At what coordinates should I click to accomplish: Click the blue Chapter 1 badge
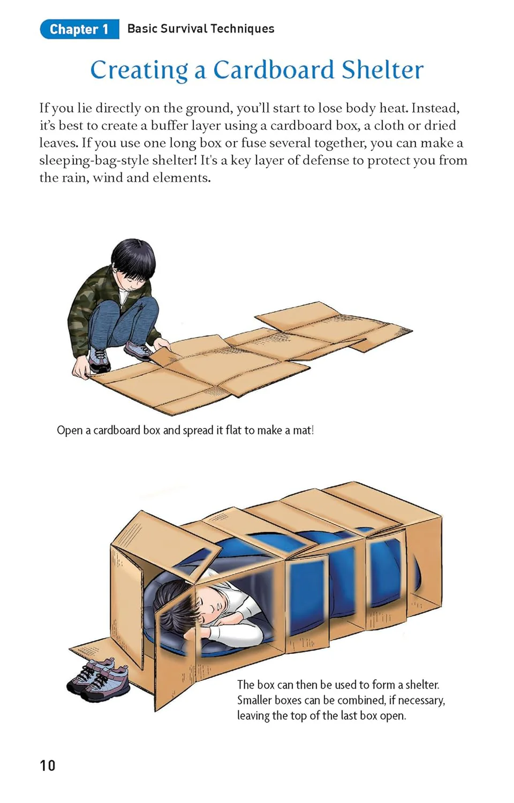point(79,29)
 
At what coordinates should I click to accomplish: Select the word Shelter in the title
point(382,70)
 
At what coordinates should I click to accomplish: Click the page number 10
point(47,766)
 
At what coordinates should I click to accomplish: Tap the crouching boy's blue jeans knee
point(143,312)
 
